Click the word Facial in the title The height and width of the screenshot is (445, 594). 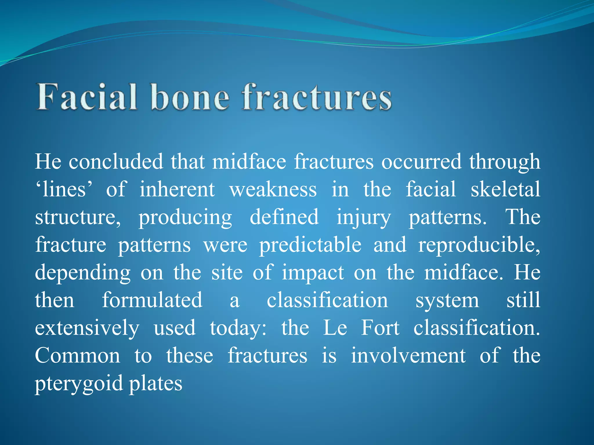click(x=86, y=97)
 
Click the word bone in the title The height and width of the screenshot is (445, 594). click(x=190, y=97)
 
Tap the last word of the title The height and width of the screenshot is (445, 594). click(x=317, y=97)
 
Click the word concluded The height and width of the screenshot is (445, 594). click(x=116, y=161)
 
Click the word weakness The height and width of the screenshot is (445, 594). click(x=273, y=189)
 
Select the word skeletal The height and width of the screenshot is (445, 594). click(x=505, y=189)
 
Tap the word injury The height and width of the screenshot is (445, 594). click(x=363, y=217)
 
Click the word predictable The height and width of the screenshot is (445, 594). click(x=310, y=245)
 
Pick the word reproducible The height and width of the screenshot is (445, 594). click(x=479, y=245)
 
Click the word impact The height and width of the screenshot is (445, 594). click(x=313, y=273)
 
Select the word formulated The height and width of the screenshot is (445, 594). click(x=152, y=300)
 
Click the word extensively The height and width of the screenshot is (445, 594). click(x=87, y=328)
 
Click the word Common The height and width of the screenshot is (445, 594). click(x=77, y=356)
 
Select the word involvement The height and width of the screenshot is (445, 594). click(x=408, y=356)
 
